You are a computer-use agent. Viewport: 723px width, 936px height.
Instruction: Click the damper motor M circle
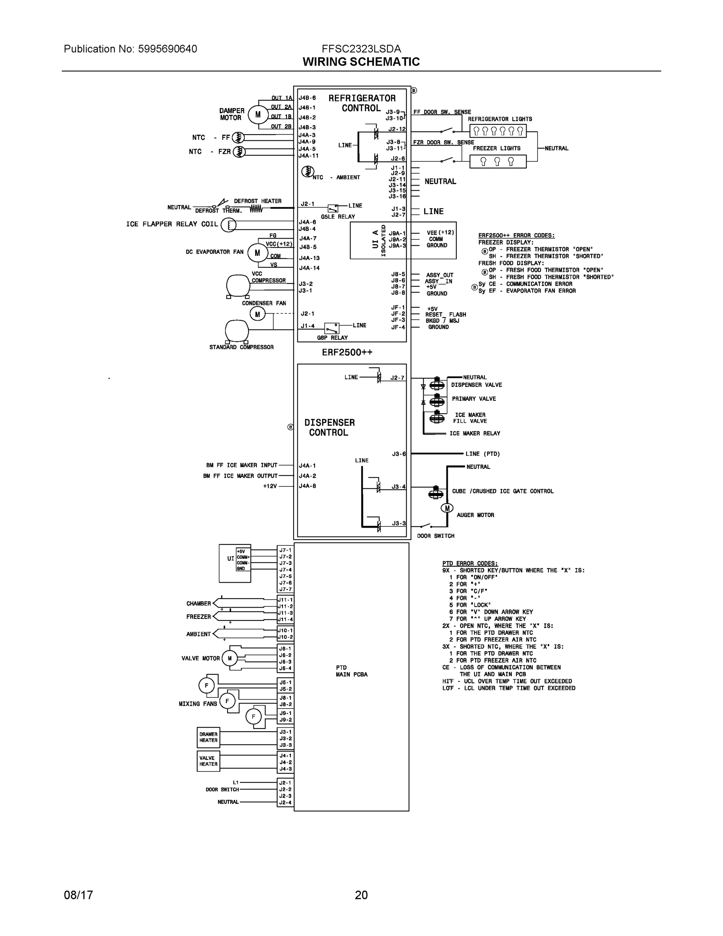(x=258, y=114)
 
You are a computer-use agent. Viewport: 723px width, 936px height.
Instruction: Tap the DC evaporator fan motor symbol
(x=257, y=253)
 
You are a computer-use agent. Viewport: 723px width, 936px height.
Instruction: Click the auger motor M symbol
(x=447, y=508)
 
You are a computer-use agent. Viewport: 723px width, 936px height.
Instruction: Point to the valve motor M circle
(x=230, y=658)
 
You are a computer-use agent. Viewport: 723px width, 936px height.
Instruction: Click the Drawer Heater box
(x=209, y=737)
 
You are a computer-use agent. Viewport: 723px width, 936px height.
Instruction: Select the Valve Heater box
(x=209, y=761)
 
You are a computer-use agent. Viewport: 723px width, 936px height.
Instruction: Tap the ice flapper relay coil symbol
(x=228, y=225)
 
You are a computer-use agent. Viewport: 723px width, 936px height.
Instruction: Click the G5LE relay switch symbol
(x=333, y=208)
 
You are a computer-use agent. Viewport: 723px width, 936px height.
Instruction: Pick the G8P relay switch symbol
(x=332, y=328)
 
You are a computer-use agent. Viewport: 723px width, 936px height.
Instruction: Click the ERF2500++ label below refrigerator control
(x=347, y=352)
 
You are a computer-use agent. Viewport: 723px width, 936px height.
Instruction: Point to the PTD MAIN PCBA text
(x=351, y=671)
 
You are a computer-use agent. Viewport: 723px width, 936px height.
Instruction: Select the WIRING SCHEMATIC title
(x=361, y=62)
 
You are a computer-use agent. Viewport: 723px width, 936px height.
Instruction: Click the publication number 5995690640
(x=168, y=49)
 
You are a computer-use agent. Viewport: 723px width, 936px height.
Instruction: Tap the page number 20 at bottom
(x=361, y=895)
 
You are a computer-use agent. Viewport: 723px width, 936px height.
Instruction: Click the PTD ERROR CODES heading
(x=470, y=563)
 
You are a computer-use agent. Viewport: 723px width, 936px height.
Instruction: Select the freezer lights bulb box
(x=498, y=161)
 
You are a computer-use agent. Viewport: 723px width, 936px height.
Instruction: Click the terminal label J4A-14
(x=309, y=268)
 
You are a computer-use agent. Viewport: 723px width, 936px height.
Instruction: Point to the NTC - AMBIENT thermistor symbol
(x=307, y=172)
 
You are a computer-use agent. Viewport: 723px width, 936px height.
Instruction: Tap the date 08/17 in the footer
(x=78, y=895)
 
